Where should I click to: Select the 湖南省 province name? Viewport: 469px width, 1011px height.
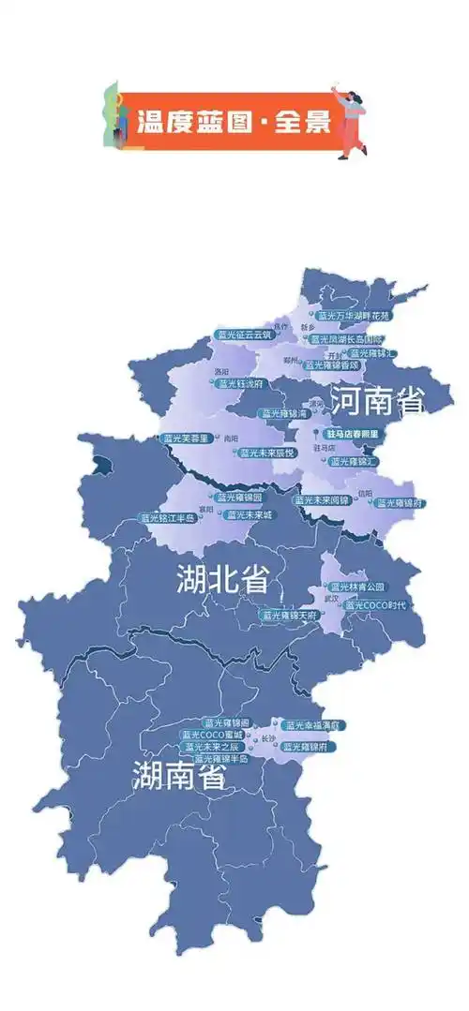click(178, 776)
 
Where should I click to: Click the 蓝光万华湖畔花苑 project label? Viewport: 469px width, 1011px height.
click(354, 316)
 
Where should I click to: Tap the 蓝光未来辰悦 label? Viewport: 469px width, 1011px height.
click(267, 452)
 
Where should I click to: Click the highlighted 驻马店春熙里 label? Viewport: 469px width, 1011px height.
click(352, 435)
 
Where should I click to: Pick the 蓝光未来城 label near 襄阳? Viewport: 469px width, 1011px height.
click(250, 514)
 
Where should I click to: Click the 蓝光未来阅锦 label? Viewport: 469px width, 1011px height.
click(324, 499)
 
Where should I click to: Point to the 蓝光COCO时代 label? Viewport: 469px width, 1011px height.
click(375, 605)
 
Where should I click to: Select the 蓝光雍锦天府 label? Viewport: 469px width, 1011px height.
click(291, 615)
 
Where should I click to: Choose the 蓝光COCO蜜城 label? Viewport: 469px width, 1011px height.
click(213, 735)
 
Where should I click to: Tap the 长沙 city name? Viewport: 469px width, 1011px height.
click(268, 739)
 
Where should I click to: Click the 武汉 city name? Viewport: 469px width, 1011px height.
click(329, 597)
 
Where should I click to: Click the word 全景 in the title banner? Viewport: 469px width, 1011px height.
click(302, 121)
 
